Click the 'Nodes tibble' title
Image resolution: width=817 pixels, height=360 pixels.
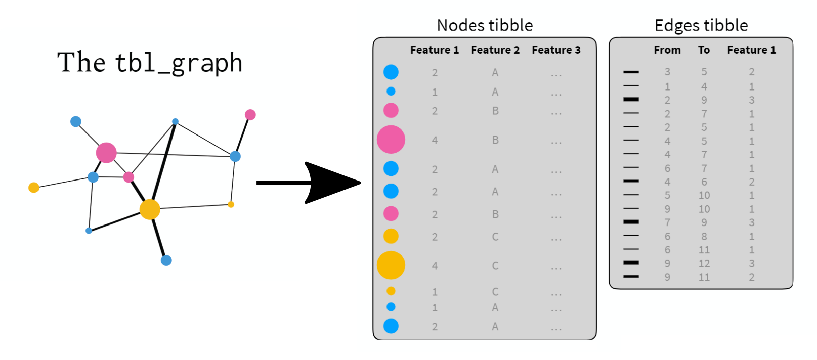[485, 25]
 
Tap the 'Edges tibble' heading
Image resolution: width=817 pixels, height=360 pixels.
[701, 25]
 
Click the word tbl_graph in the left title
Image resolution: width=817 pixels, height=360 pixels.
[179, 63]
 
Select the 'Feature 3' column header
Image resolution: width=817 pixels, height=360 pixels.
[556, 50]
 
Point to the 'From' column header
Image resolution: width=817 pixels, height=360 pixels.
[667, 50]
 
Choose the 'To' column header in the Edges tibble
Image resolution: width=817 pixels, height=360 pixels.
[704, 50]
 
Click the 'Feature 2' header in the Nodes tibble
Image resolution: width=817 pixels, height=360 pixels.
[495, 50]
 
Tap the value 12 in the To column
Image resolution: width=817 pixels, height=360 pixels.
[704, 263]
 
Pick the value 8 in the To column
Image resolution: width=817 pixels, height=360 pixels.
[704, 236]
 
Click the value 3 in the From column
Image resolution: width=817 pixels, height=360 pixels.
[667, 72]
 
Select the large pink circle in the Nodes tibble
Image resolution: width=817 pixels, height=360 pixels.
[391, 140]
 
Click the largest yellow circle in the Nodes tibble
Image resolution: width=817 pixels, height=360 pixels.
[391, 265]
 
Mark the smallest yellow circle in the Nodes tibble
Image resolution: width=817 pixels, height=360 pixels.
[391, 291]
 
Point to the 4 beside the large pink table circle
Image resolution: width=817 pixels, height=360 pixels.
[435, 140]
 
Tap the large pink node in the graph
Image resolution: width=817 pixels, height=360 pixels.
[106, 152]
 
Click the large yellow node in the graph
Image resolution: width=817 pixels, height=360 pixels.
[150, 209]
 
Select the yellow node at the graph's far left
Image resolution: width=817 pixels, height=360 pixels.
[34, 188]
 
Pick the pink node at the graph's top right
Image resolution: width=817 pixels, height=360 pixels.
[250, 115]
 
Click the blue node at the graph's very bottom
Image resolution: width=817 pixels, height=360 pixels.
[166, 260]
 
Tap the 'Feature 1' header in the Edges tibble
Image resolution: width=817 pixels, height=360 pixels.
[751, 50]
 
